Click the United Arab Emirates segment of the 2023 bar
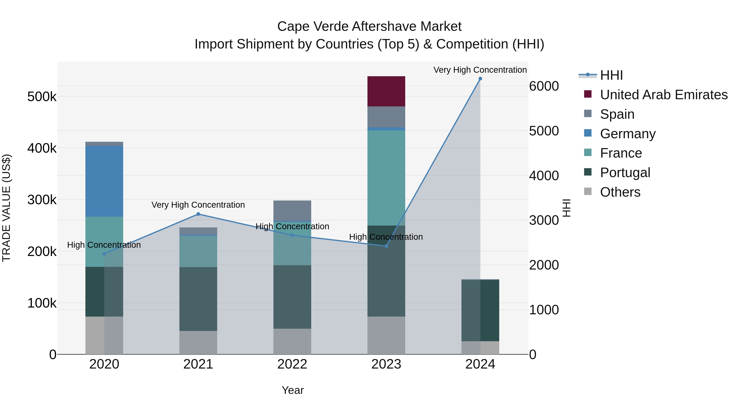coord(386,91)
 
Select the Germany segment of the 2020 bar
coord(104,181)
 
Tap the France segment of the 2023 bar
coord(386,178)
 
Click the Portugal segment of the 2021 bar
coord(198,298)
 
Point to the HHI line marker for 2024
coord(480,79)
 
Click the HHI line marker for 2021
coord(198,214)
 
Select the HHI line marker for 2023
coord(386,246)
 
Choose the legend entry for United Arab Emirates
coord(663,94)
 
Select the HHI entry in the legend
coord(611,75)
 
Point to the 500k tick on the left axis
coord(42,97)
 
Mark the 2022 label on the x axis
coord(292,364)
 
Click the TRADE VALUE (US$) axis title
coord(7,208)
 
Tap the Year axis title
coord(293,390)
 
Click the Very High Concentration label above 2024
coord(480,70)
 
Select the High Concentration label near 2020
coord(104,245)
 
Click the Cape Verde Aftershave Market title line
coord(369,27)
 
